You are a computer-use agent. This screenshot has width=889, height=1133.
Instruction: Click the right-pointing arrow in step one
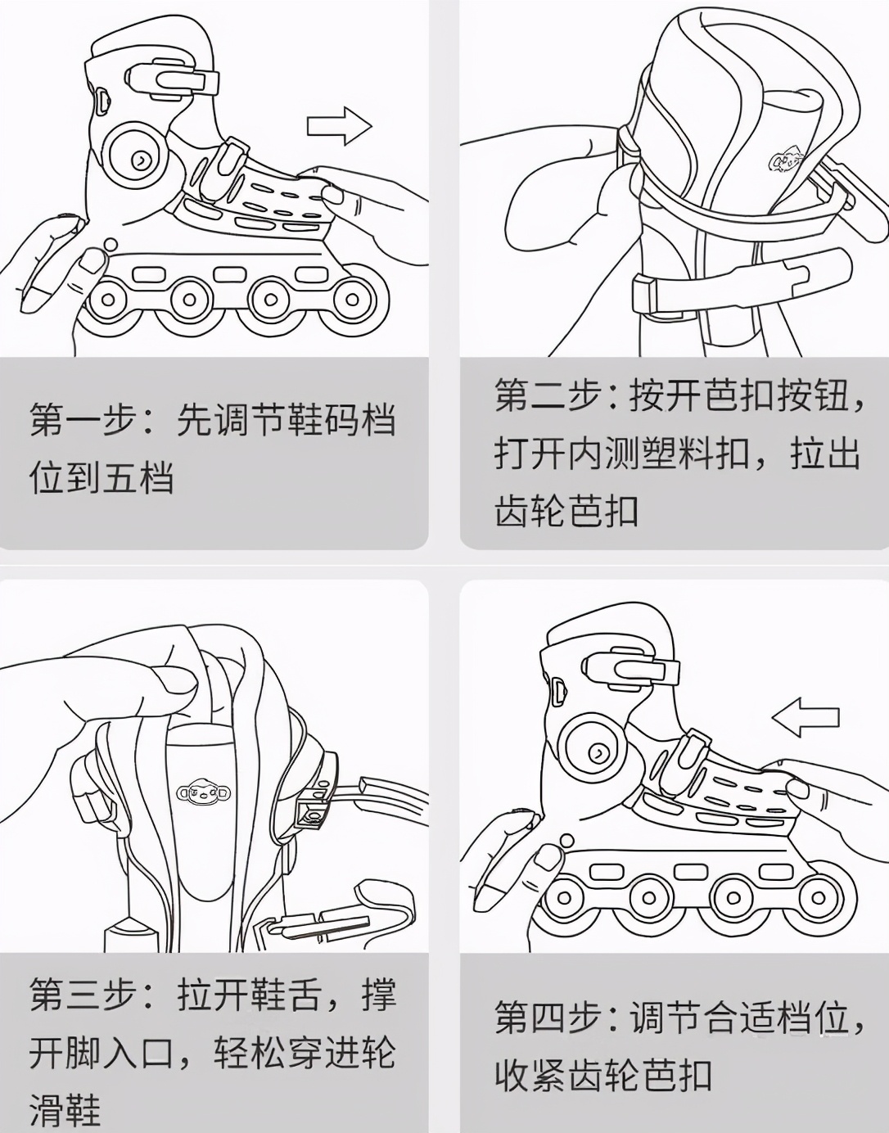[x=339, y=126]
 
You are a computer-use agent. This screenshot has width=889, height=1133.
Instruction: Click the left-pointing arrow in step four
[x=806, y=718]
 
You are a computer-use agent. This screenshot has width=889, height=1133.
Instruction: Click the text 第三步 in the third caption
[x=81, y=995]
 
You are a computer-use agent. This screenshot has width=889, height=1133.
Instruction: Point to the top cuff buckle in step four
[x=632, y=668]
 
